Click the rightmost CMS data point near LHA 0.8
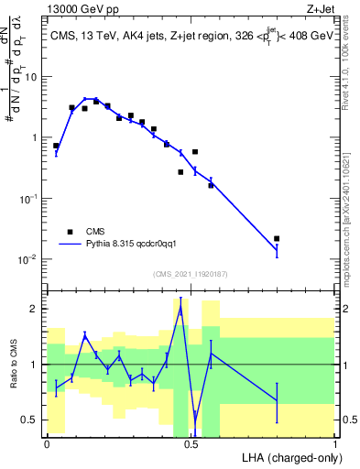[x=277, y=238]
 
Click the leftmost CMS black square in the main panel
[x=56, y=146]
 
